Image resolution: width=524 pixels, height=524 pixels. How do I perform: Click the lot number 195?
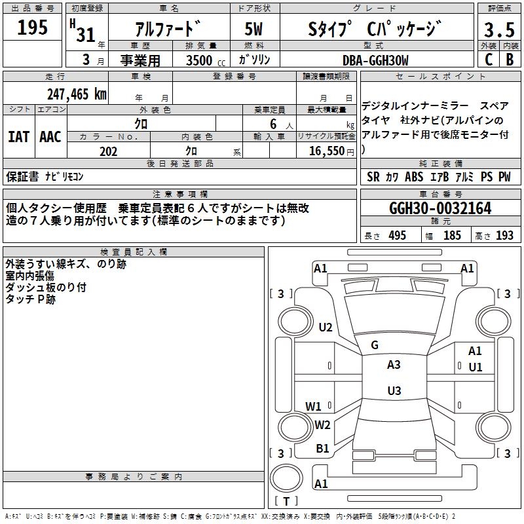(x=32, y=28)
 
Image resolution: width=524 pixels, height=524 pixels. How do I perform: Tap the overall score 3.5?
(x=499, y=29)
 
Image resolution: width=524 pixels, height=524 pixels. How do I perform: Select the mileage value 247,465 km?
(x=77, y=94)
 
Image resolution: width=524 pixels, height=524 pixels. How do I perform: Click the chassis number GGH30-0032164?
(x=440, y=208)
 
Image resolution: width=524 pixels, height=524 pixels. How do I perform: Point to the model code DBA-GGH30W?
(x=375, y=60)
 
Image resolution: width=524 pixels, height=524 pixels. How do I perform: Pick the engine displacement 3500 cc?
(x=206, y=60)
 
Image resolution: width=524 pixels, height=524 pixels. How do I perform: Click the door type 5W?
(x=253, y=29)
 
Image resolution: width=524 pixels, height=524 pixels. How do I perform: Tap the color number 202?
(x=108, y=151)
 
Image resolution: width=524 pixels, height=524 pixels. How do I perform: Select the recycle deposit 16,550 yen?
(x=331, y=151)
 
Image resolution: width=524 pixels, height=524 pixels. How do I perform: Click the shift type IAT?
(x=19, y=137)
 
